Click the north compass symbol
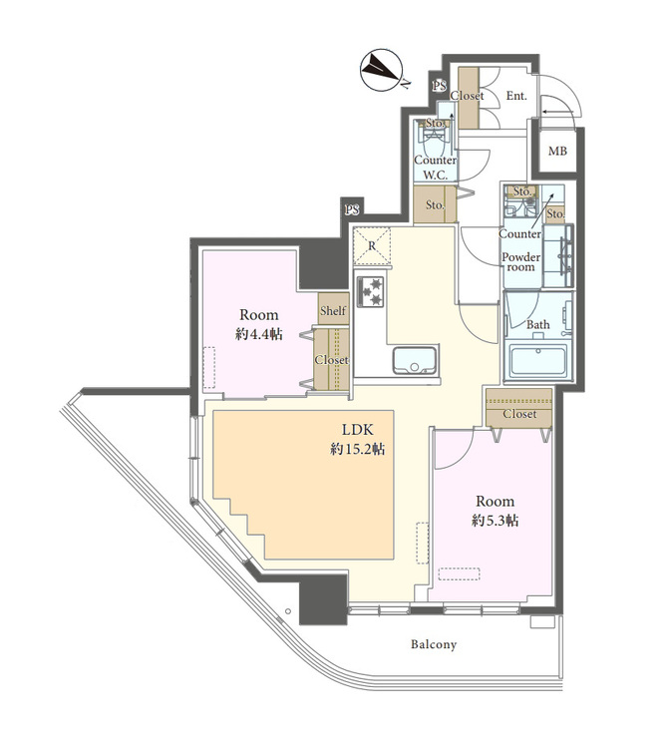click(x=382, y=71)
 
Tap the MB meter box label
click(x=557, y=152)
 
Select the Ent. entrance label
click(x=516, y=96)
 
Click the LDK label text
click(x=358, y=430)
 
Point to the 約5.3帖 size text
click(x=495, y=520)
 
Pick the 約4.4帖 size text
click(x=258, y=334)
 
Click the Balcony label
click(x=434, y=644)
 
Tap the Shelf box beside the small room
click(x=333, y=309)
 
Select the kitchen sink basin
click(x=415, y=360)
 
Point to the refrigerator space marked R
click(x=372, y=246)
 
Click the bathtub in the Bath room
click(x=538, y=361)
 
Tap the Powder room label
click(x=520, y=262)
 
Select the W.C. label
click(x=436, y=176)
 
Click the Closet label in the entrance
click(x=468, y=96)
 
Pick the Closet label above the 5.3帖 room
click(x=519, y=414)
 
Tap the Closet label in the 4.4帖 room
click(x=331, y=360)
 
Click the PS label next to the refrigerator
click(x=352, y=209)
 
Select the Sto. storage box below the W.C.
click(x=435, y=204)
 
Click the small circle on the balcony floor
click(x=287, y=611)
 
